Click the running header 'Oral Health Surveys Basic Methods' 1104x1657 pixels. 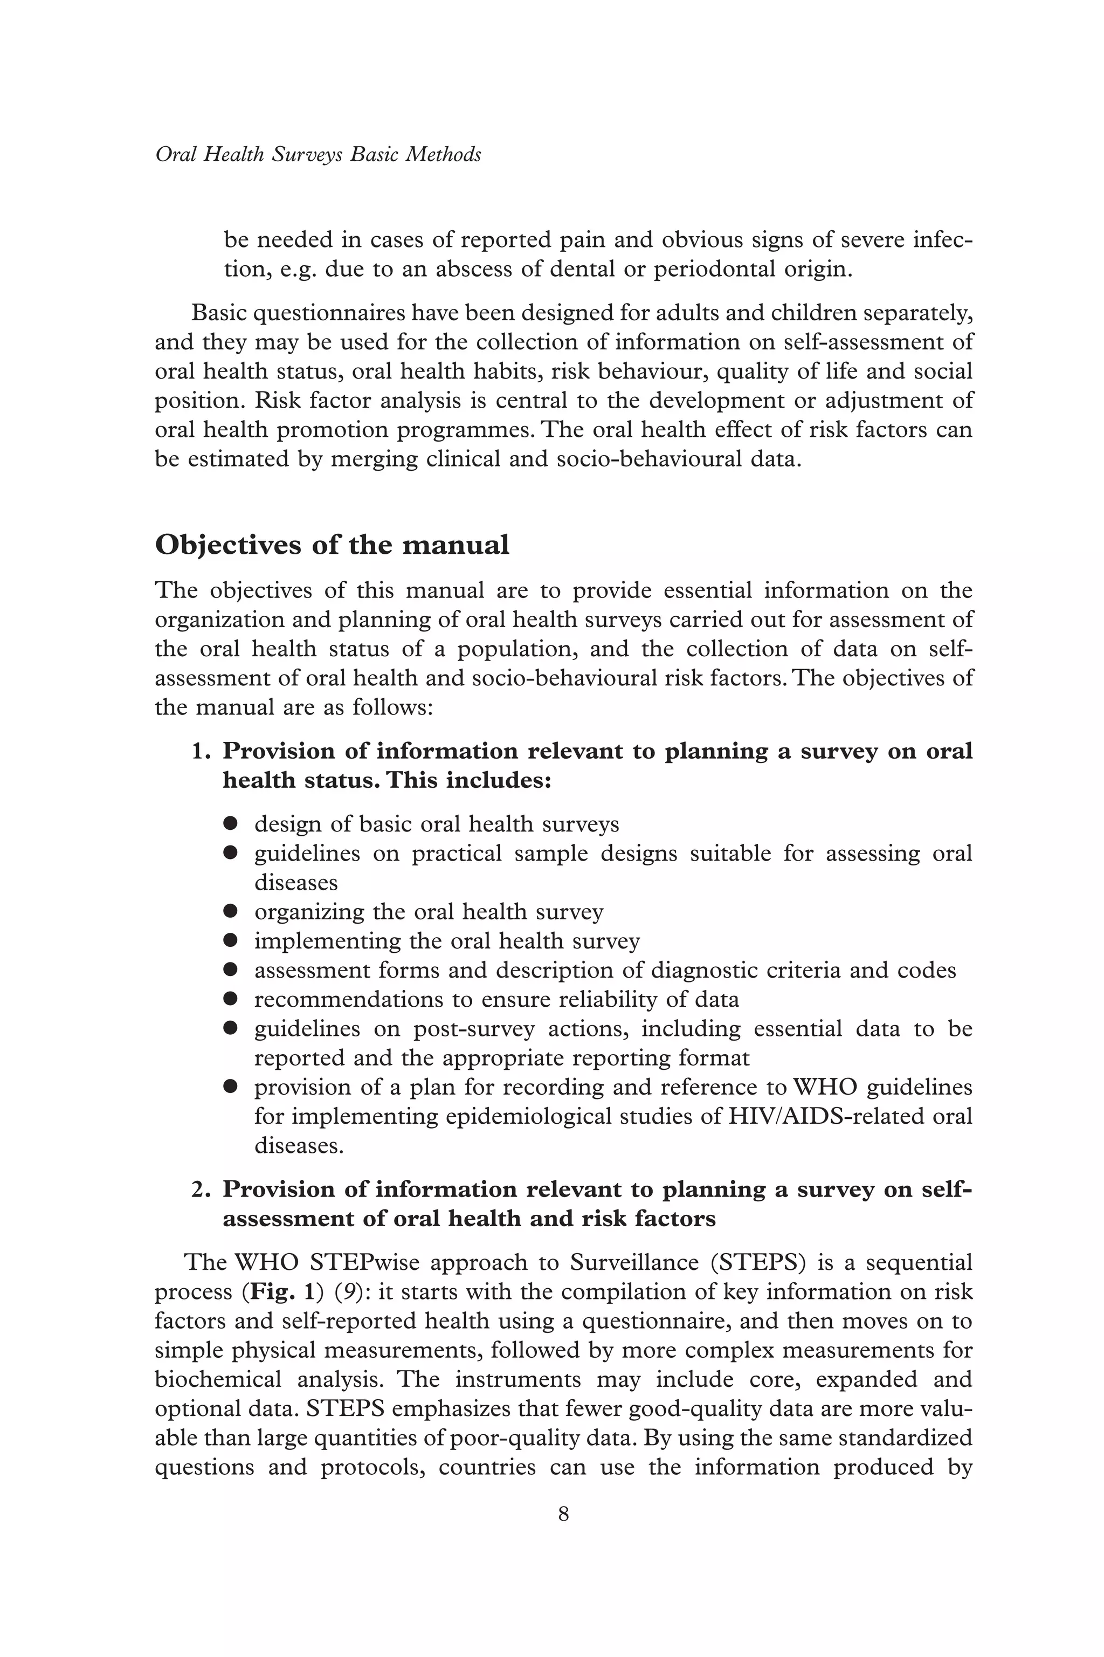[318, 154]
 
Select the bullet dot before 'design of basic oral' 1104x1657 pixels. [230, 823]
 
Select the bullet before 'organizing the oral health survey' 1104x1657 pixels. [230, 911]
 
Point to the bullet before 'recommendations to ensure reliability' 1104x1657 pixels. [230, 999]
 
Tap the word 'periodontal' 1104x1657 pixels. [716, 270]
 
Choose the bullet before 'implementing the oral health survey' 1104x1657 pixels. [230, 941]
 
